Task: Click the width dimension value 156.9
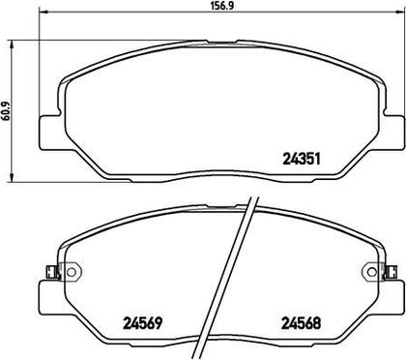[x=221, y=6]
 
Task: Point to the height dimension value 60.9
[x=6, y=111]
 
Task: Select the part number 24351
[x=302, y=159]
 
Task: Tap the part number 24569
[x=142, y=323]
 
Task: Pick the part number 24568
[x=302, y=323]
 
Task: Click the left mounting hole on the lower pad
[x=72, y=272]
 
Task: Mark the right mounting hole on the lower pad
[x=371, y=272]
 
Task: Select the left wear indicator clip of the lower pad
[x=51, y=272]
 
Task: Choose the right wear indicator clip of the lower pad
[x=391, y=272]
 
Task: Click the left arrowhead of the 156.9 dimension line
[x=43, y=13]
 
